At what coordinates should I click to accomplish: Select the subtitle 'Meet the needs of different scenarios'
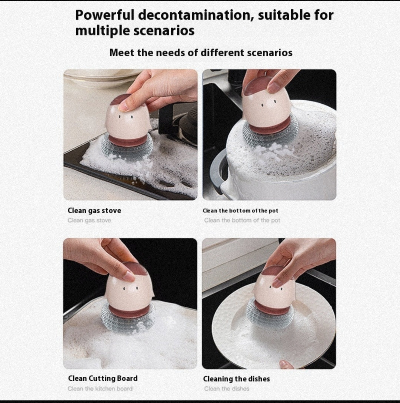(x=201, y=53)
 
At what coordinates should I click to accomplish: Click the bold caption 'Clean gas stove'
(x=94, y=211)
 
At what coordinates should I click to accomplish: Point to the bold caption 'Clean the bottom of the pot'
(x=240, y=211)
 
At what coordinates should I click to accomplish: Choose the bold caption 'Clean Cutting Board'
(x=103, y=378)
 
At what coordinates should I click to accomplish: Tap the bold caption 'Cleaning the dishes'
(x=236, y=379)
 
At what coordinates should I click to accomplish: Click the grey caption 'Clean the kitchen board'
(x=100, y=389)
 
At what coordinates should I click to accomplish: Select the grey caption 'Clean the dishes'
(x=227, y=389)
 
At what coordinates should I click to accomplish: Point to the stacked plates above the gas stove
(x=100, y=77)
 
